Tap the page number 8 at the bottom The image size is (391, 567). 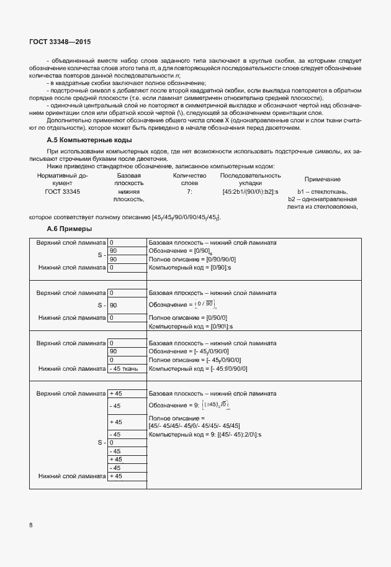(x=31, y=525)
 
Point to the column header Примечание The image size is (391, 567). (x=322, y=179)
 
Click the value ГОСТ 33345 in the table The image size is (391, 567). (x=63, y=192)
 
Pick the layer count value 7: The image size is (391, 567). (x=189, y=192)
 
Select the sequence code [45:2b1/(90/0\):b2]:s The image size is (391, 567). (x=251, y=192)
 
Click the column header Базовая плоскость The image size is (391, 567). (x=128, y=179)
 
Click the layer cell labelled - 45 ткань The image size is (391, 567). (x=127, y=368)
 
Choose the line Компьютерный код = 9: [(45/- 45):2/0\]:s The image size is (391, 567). (x=205, y=435)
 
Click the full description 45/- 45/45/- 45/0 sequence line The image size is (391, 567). (x=194, y=426)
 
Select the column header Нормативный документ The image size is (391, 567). (x=63, y=179)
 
